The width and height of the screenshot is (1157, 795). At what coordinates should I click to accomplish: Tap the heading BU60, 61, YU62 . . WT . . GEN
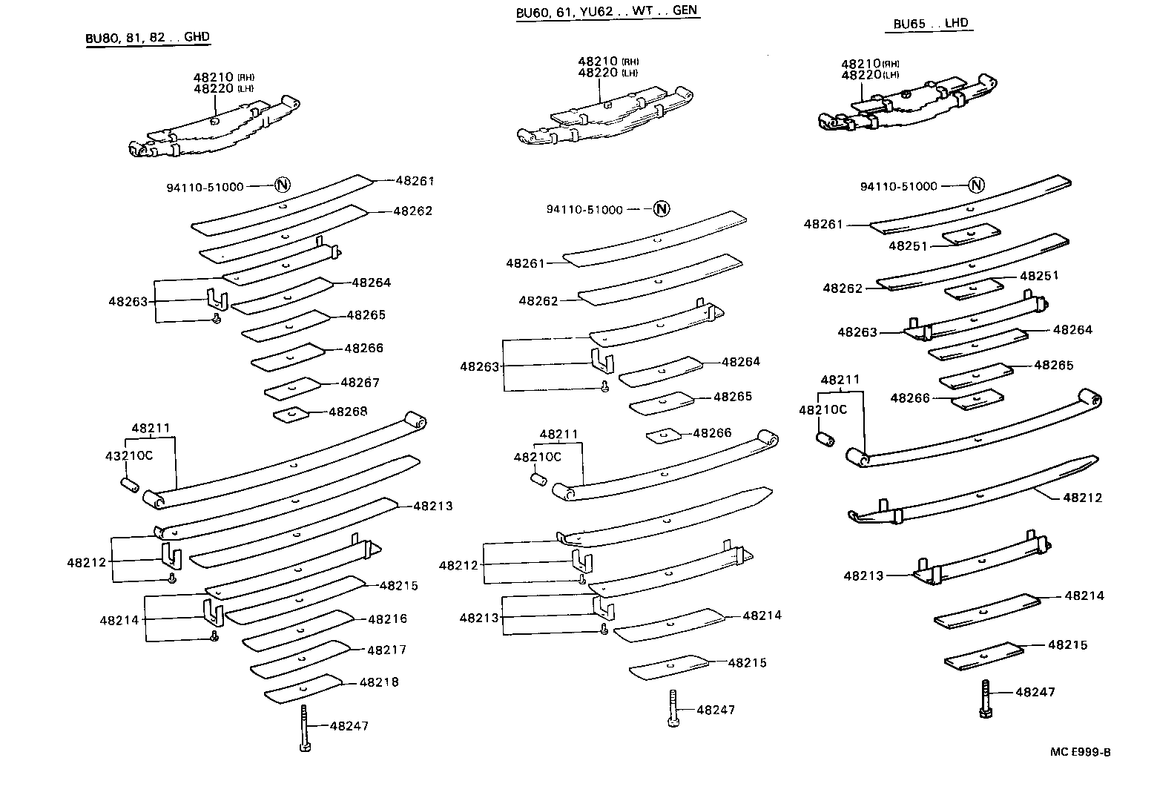(607, 11)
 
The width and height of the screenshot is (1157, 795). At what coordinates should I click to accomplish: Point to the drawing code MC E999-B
(1080, 752)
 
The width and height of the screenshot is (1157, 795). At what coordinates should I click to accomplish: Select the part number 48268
(348, 412)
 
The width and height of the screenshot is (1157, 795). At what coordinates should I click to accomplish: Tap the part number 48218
(379, 682)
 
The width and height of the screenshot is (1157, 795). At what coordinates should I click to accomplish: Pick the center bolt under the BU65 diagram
(985, 698)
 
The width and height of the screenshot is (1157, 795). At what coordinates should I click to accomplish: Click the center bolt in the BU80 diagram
(304, 729)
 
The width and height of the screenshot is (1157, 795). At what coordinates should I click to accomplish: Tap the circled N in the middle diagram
(662, 209)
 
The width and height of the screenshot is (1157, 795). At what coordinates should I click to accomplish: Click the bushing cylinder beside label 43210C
(130, 485)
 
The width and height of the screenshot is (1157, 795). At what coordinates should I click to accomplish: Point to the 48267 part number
(360, 383)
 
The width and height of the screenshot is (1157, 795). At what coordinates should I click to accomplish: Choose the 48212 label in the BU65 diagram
(1082, 498)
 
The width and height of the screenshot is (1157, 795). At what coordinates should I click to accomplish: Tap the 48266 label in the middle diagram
(712, 433)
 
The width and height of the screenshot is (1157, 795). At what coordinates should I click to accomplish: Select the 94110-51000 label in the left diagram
(205, 187)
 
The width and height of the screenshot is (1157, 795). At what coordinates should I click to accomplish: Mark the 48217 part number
(386, 650)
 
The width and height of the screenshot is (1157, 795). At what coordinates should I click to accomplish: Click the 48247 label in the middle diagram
(716, 710)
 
